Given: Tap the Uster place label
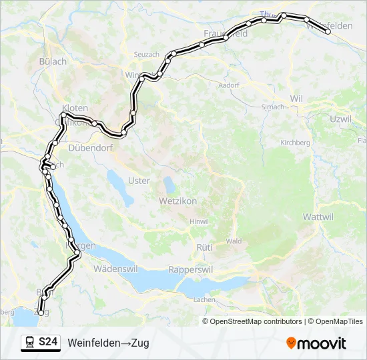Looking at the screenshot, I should [x=139, y=181].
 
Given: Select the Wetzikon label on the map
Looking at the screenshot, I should [x=176, y=200].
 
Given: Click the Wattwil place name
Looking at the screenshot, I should [x=318, y=217].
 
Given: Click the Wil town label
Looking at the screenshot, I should [x=296, y=98].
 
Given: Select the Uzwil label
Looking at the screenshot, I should [x=340, y=118].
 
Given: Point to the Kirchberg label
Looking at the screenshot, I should [x=295, y=143].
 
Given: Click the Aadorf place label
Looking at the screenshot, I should [x=229, y=85].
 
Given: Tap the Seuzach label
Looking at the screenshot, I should [x=146, y=54].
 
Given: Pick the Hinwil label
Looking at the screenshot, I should [x=199, y=221].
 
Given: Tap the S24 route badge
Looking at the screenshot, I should [x=47, y=343].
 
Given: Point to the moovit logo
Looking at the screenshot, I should [x=316, y=343].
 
